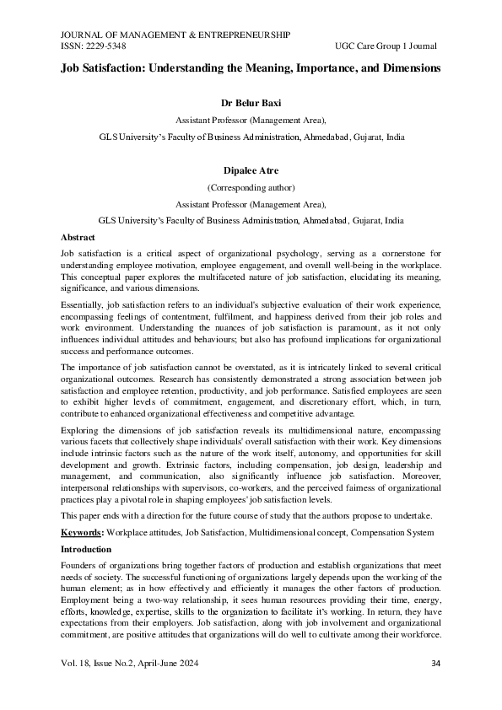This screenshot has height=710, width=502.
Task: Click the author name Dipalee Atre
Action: coord(250,171)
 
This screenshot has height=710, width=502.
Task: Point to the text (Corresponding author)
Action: coord(250,187)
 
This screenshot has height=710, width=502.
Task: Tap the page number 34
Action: coord(436,663)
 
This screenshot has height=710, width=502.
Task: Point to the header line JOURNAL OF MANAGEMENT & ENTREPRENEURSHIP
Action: coord(175,35)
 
